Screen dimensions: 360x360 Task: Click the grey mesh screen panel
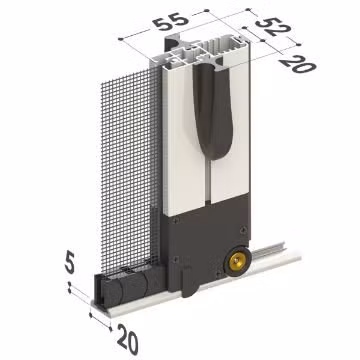[x=125, y=170]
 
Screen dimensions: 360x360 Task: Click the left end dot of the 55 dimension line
[x=119, y=38]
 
